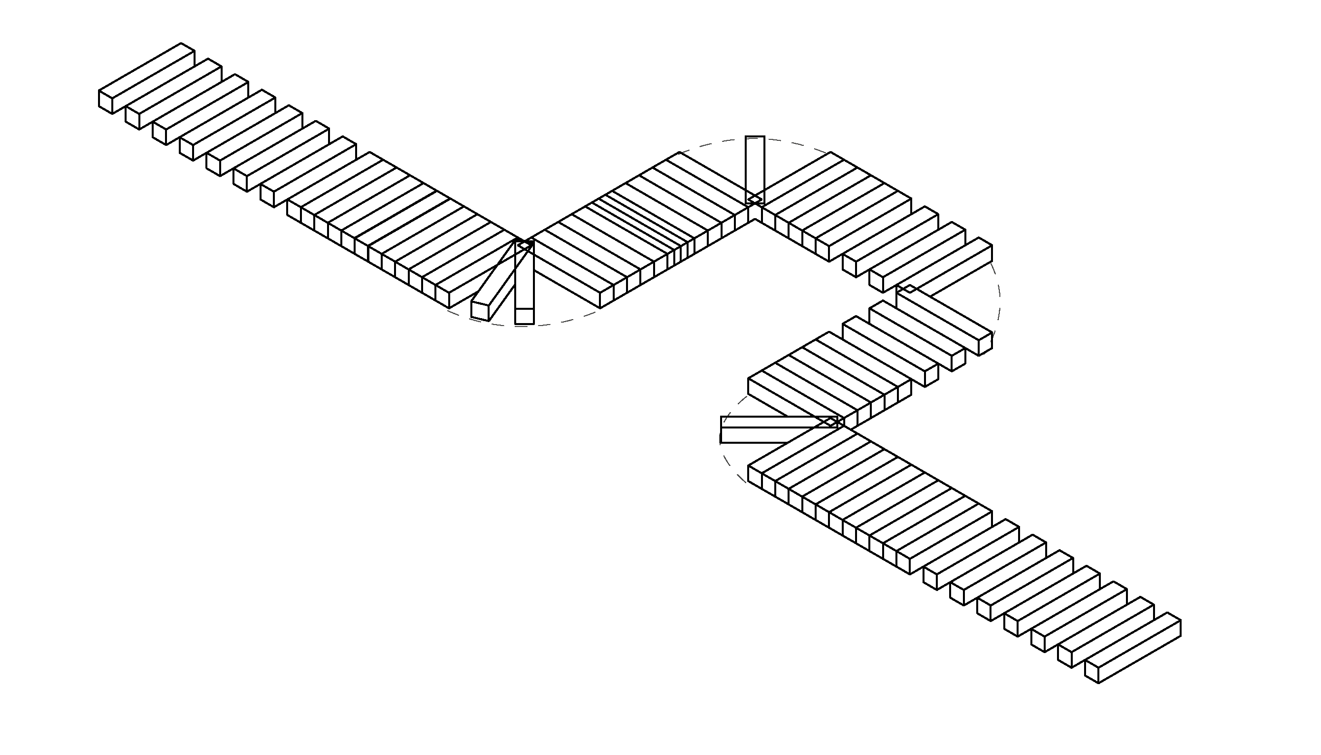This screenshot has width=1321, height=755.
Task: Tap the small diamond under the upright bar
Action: pyautogui.click(x=755, y=199)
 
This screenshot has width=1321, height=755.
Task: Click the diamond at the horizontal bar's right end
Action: pyautogui.click(x=831, y=422)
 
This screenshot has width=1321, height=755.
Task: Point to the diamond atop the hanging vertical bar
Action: pyautogui.click(x=525, y=244)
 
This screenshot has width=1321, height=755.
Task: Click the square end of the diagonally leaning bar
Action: pyautogui.click(x=480, y=310)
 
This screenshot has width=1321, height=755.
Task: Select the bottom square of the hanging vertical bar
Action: pyautogui.click(x=524, y=316)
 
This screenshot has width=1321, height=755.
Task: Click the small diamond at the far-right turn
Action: pyautogui.click(x=908, y=288)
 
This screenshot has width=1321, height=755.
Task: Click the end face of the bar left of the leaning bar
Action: pyautogui.click(x=442, y=296)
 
